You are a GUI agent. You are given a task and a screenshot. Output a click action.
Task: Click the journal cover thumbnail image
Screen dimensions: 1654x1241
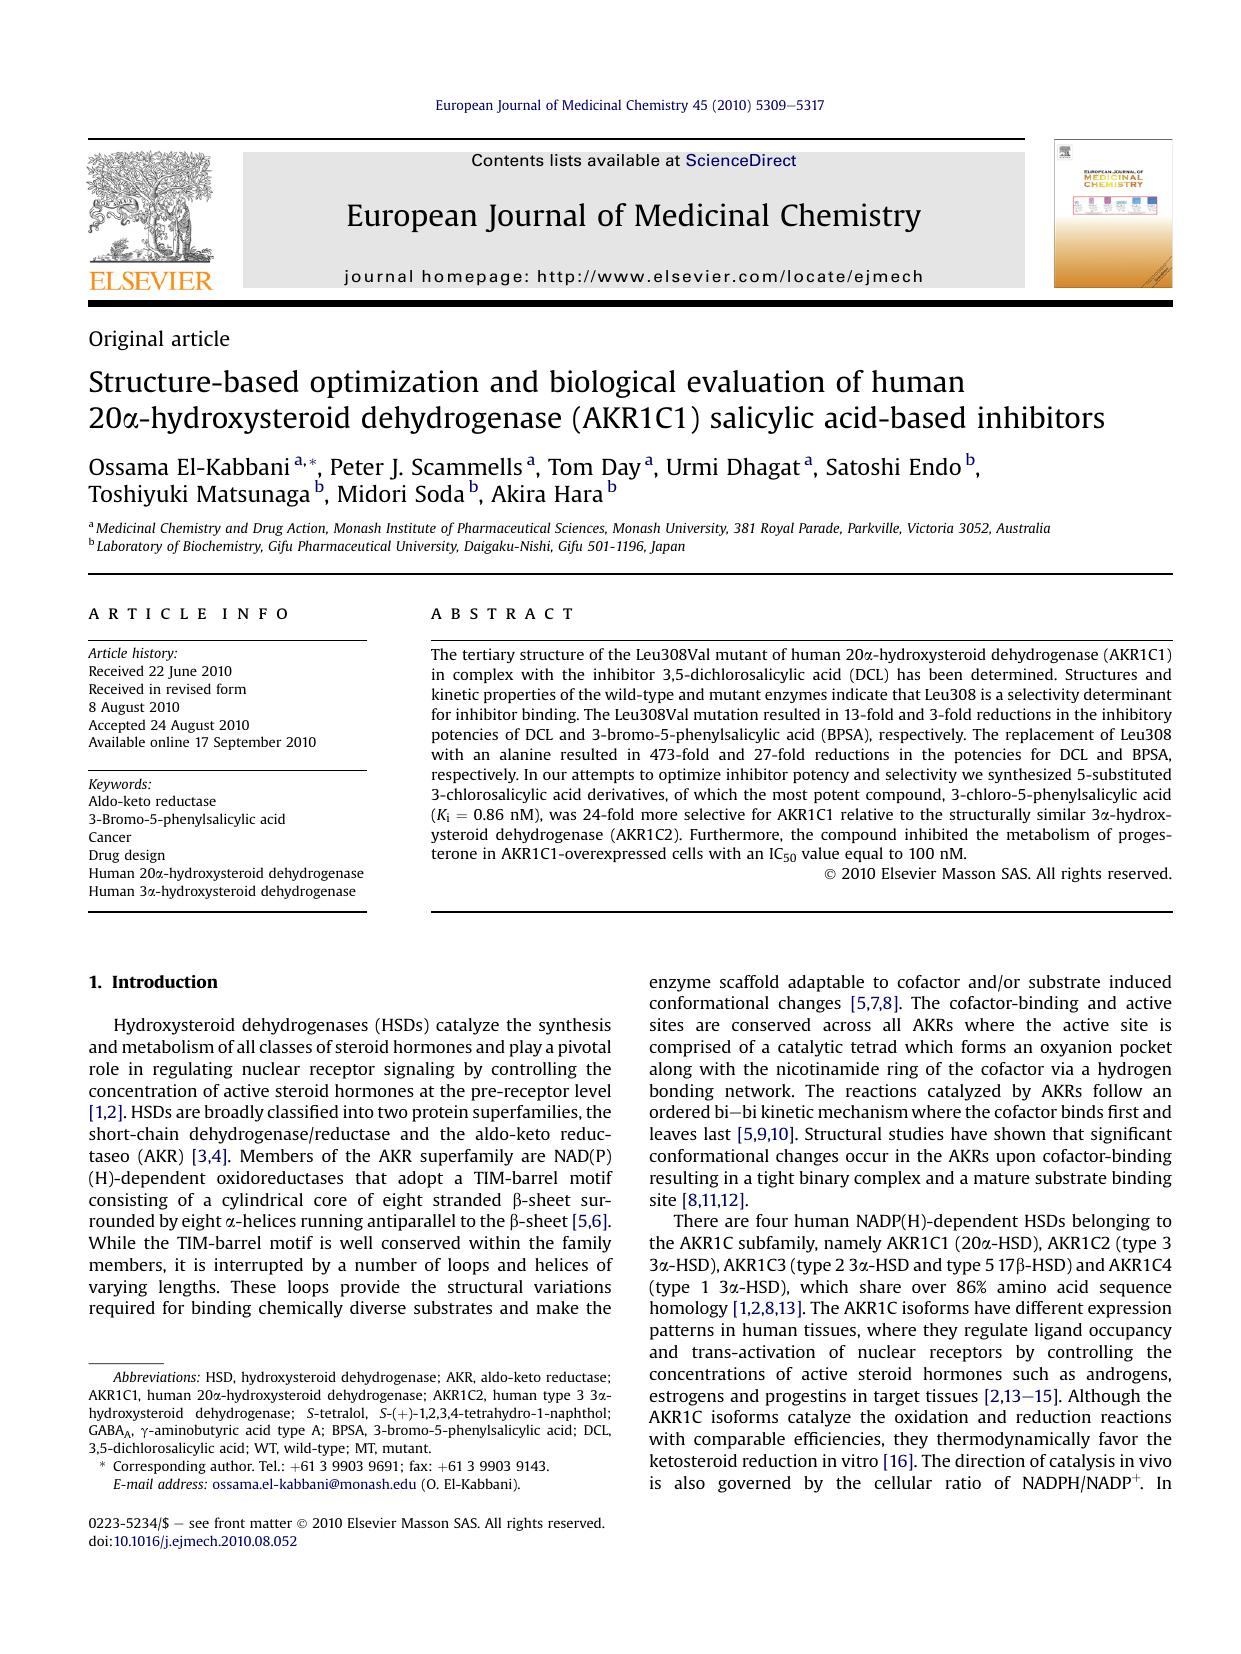coord(1112,214)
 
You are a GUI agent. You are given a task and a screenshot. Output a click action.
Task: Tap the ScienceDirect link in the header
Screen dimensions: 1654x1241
coord(740,160)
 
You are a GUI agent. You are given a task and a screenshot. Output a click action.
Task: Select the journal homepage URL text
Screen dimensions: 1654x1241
coord(730,277)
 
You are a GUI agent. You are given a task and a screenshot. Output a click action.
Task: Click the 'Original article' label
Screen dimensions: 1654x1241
coord(159,339)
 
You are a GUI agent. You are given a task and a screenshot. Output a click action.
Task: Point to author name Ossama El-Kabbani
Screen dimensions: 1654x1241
coord(189,467)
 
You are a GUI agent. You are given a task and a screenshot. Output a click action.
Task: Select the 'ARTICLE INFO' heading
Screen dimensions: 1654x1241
coord(189,614)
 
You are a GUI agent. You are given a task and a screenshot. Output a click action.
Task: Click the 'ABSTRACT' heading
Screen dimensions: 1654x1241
coord(503,614)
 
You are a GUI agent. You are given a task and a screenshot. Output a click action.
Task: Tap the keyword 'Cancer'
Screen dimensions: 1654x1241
coord(110,837)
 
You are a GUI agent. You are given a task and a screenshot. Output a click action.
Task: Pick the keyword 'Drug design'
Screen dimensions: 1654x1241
coord(127,855)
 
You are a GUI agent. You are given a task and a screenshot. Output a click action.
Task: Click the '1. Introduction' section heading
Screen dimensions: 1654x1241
coord(153,982)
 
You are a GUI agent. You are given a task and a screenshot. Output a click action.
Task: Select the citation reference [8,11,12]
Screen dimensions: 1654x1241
coord(714,1200)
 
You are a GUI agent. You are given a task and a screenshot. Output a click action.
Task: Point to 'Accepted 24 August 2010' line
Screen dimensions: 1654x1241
coord(169,725)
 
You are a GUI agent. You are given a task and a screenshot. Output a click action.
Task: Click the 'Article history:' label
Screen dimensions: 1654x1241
coord(133,653)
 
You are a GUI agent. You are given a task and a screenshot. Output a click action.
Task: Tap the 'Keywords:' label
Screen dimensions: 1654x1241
coord(120,784)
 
